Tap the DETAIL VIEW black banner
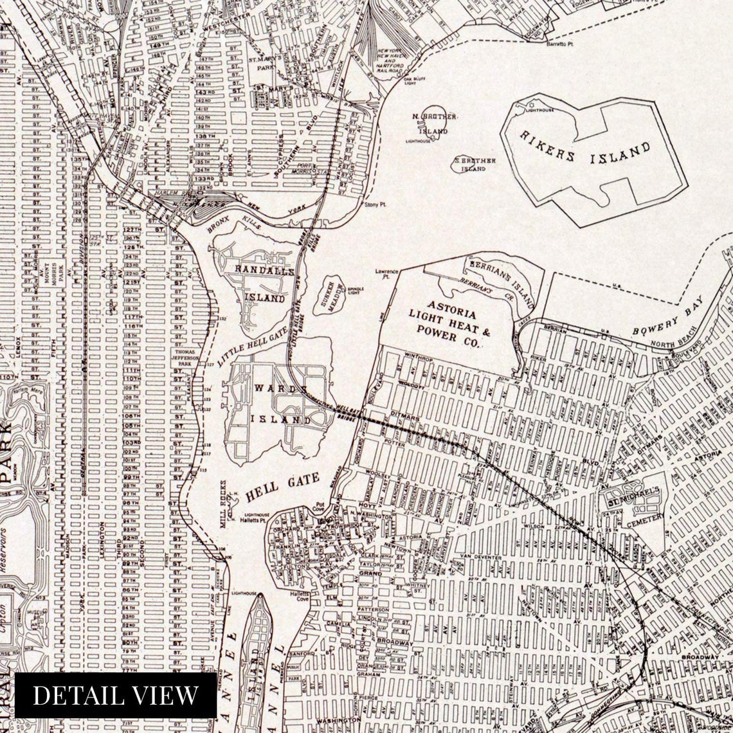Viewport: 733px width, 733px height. [116, 695]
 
